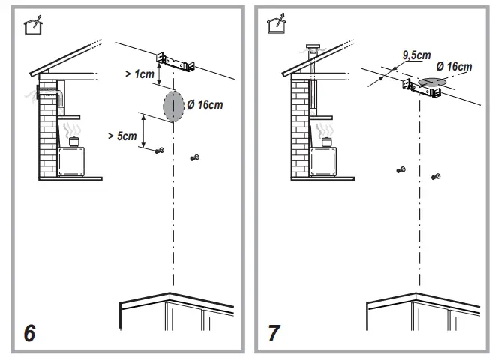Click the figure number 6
click(x=28, y=333)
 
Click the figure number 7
click(x=274, y=333)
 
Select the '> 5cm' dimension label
click(x=121, y=136)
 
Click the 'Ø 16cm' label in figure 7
click(x=454, y=67)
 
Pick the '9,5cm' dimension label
click(x=415, y=55)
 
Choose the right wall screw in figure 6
click(x=195, y=157)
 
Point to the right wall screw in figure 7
click(x=436, y=177)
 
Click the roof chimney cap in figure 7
click(x=312, y=49)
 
